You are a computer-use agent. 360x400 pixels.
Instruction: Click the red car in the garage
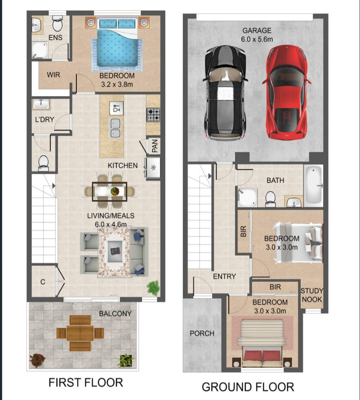[286, 92]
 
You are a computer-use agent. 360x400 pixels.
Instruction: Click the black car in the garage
[225, 92]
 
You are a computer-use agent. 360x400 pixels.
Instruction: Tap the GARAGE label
[257, 31]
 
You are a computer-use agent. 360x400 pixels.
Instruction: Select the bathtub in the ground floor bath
[314, 185]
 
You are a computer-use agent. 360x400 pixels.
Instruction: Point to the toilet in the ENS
[57, 23]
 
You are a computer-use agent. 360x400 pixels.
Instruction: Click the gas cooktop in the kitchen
[154, 115]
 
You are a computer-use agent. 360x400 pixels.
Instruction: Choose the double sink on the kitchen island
[115, 128]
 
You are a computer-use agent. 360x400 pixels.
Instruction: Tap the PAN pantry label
[154, 146]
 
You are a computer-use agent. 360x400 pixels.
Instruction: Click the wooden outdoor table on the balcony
[80, 333]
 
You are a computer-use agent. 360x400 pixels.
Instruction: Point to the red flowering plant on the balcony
[38, 360]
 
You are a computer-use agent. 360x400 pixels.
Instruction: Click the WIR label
[53, 75]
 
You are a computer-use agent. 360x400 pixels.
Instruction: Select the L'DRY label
[44, 119]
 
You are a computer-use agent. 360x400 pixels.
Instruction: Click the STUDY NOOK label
[312, 295]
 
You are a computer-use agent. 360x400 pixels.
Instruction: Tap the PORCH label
[202, 334]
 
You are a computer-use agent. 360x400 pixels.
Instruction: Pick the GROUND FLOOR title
[248, 387]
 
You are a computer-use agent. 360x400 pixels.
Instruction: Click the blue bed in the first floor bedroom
[117, 44]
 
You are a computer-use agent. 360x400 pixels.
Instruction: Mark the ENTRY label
[224, 276]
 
